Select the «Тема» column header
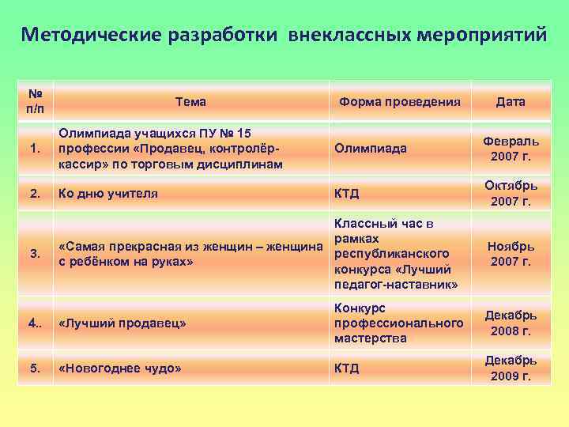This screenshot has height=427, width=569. [x=190, y=101]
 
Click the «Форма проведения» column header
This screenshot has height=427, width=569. [x=399, y=101]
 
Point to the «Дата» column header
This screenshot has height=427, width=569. [x=511, y=101]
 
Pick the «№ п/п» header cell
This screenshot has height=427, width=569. [x=33, y=101]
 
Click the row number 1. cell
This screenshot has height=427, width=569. [x=33, y=148]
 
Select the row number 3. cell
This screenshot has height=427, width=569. [x=33, y=254]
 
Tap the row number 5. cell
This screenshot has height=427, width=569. [x=33, y=368]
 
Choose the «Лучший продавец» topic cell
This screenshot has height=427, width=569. [x=122, y=323]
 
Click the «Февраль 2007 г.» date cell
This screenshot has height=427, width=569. [x=511, y=148]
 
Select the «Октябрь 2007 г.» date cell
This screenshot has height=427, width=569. [x=511, y=192]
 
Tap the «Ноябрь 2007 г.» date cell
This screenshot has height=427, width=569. [x=511, y=254]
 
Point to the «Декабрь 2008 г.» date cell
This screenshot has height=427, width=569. [x=511, y=323]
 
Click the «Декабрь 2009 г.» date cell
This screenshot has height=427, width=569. [x=511, y=368]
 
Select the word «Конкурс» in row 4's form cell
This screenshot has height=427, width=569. [x=360, y=308]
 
